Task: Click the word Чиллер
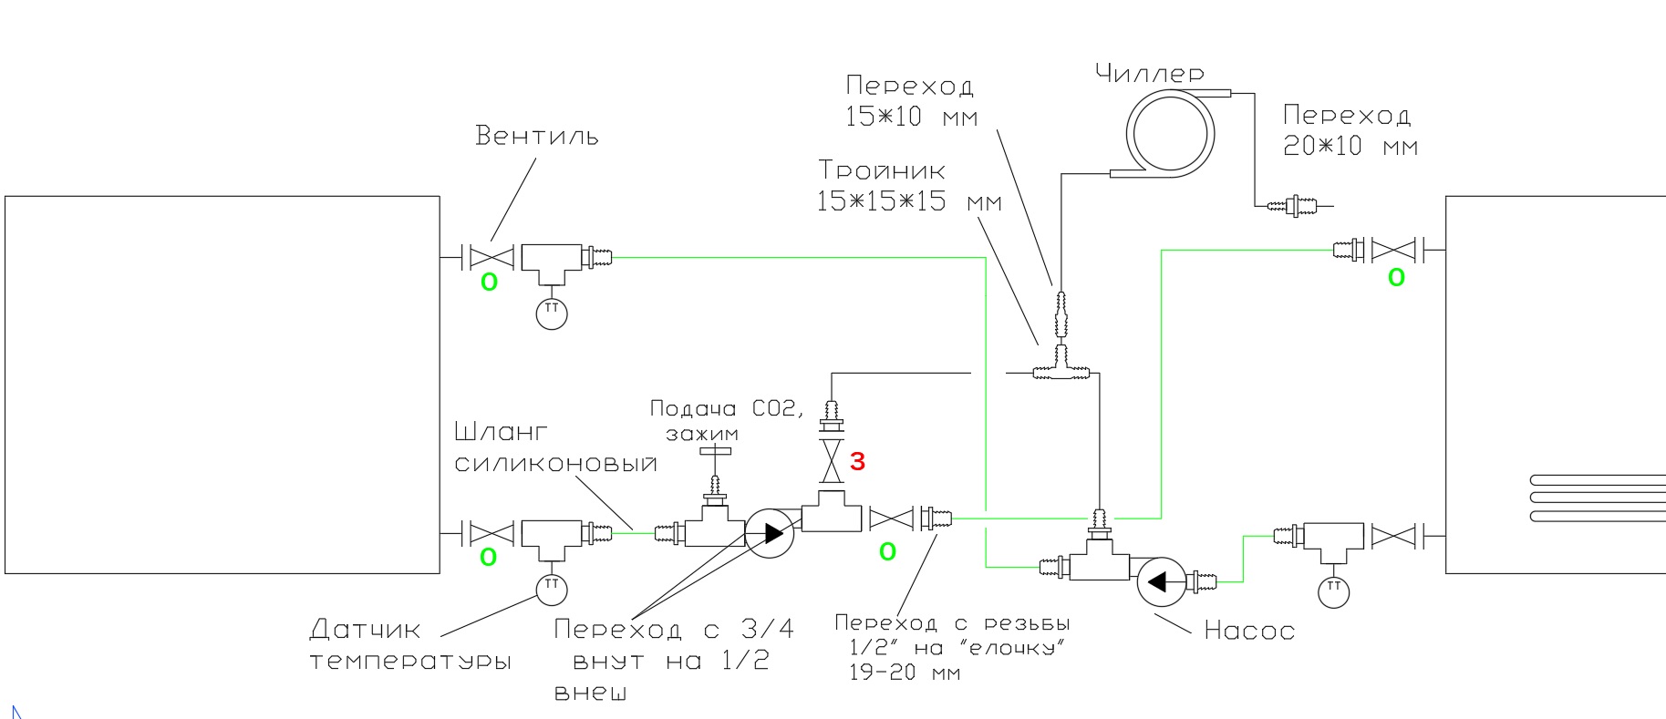coord(1150,73)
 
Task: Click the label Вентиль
coord(537,136)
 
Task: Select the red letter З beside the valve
coord(857,462)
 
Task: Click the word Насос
coord(1249,631)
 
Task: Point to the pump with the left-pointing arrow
coord(1161,581)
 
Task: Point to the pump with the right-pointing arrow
coord(770,533)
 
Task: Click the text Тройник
coord(882,170)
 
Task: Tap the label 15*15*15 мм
coord(909,201)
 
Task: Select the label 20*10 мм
coord(1350,146)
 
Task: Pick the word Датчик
coord(365,630)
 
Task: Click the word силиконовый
coord(556,464)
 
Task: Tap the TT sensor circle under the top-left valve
coord(552,313)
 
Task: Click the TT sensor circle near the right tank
coord(1334,591)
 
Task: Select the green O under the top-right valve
coord(1396,278)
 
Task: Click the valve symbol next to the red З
coord(831,462)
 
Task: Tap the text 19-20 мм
coord(905,673)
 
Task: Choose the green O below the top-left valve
coord(489,282)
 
